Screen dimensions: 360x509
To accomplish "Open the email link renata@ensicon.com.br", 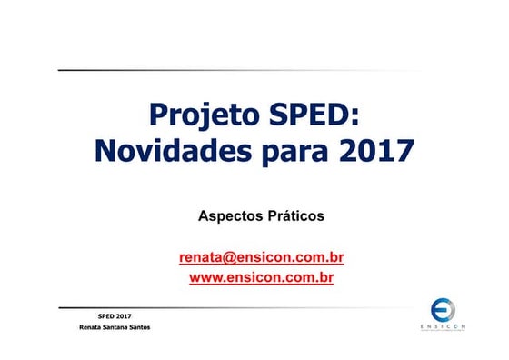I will coord(262,257).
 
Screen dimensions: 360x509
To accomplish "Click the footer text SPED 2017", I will coord(114,315).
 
